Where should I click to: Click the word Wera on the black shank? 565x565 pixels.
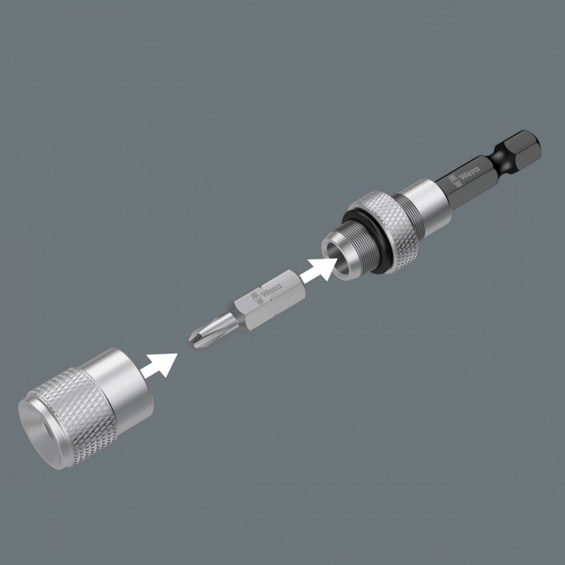point(469,174)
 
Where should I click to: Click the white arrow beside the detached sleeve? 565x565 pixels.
point(160,365)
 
